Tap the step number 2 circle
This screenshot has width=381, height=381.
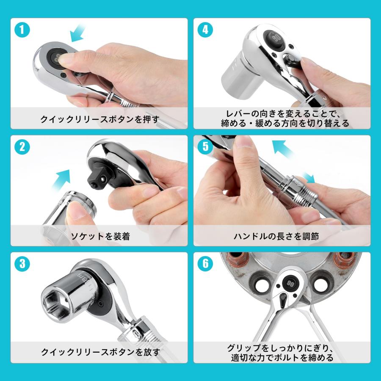[x=22, y=147]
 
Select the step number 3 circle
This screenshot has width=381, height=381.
[x=22, y=263]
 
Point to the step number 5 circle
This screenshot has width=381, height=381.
[x=205, y=147]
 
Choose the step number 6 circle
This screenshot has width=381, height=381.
[x=205, y=263]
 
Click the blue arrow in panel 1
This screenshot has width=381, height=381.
[x=77, y=33]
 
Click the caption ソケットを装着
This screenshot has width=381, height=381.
[x=99, y=236]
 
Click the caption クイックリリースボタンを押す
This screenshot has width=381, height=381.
[x=99, y=119]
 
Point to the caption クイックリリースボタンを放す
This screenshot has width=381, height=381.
[x=99, y=352]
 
